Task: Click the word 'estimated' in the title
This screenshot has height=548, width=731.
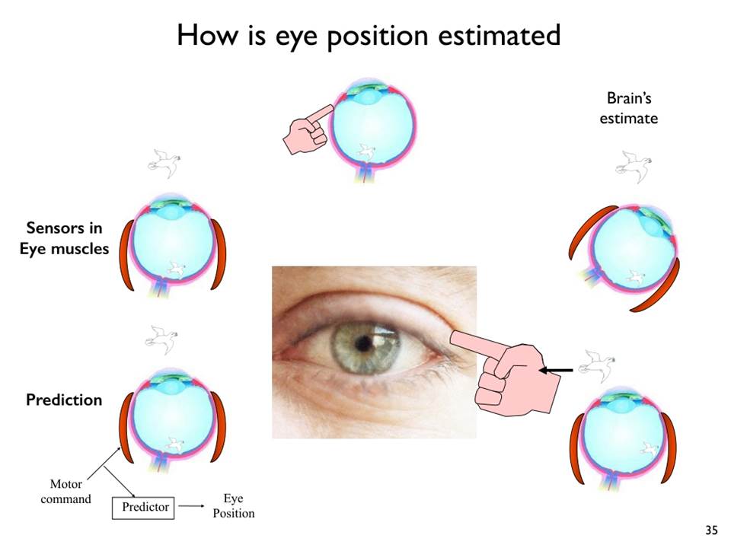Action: coord(500,35)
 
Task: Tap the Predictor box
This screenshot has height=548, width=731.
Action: coord(143,508)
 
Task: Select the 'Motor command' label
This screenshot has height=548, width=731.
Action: coord(65,492)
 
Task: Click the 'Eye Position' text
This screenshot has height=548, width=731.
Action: coord(234,505)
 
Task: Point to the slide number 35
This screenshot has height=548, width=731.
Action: coord(711,530)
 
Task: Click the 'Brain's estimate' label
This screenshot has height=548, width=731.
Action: coord(628,108)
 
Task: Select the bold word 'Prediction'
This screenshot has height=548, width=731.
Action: coord(64,400)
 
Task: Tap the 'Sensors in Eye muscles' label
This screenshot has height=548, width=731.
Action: coord(64,238)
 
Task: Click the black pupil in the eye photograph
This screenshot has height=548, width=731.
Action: coord(362,344)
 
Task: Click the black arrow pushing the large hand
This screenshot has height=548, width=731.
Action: coord(556,371)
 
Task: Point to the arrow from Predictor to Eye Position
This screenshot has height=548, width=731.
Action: coord(191,506)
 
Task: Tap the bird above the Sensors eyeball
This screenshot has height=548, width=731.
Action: coord(164,163)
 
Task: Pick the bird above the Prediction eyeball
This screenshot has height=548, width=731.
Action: coord(161,339)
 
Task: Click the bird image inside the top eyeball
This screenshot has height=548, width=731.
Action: coord(366,152)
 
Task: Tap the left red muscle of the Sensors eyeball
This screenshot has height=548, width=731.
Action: coord(126,256)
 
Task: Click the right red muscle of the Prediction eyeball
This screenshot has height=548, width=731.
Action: coord(219,426)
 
